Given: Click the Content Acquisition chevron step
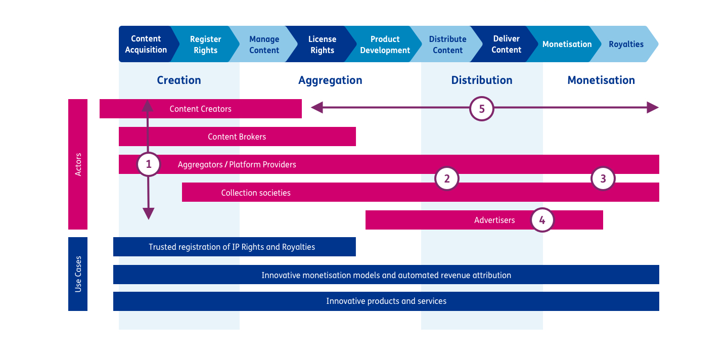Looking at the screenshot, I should tap(146, 44).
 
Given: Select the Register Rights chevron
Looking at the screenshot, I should tap(205, 44).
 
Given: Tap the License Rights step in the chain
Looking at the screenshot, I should tap(322, 44).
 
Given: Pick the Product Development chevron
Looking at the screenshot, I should tap(385, 44).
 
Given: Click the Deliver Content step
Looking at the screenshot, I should tap(506, 44).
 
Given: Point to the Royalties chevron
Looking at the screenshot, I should tap(626, 44).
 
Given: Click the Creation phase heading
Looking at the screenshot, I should tap(179, 80).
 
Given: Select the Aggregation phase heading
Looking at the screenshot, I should tap(330, 80).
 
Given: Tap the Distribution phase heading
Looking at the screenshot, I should tap(482, 80).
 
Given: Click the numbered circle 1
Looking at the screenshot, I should tap(149, 164).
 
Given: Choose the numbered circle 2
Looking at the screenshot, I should tap(447, 178).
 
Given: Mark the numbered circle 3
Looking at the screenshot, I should tap(603, 178).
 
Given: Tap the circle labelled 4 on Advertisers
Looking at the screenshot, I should tap(542, 220).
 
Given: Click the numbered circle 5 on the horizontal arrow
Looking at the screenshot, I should tap(481, 109).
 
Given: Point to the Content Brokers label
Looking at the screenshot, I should tap(237, 137).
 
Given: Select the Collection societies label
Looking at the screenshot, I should tap(256, 193).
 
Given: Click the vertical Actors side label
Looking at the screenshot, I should tap(78, 164).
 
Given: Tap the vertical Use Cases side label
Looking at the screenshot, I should tap(78, 274).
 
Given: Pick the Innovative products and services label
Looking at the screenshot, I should tap(386, 301).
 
